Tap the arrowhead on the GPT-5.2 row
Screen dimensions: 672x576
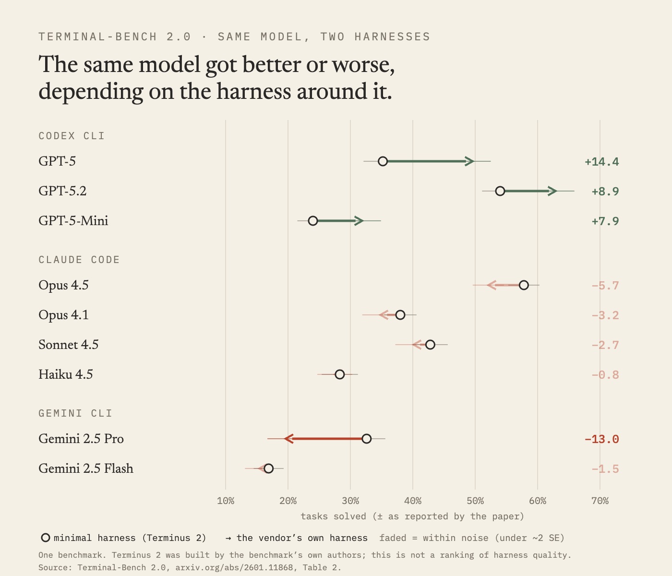pos(552,191)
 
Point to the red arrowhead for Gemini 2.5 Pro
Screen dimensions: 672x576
pos(288,439)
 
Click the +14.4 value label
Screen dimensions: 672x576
pos(601,162)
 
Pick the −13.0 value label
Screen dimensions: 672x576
pos(601,440)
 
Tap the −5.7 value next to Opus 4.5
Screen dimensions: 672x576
pos(605,286)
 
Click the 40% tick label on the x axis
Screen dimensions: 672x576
pos(413,501)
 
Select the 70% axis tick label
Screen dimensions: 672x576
pos(600,501)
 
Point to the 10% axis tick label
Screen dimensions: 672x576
pos(226,501)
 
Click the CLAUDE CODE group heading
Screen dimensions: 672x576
pos(79,260)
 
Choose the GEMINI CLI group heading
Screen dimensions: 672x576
pos(75,413)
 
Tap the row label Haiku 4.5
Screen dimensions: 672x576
pos(66,374)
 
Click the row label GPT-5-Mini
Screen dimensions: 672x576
pos(73,221)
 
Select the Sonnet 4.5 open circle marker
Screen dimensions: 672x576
pos(430,345)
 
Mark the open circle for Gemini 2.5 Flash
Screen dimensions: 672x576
pos(268,469)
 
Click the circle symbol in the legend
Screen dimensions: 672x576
pos(46,538)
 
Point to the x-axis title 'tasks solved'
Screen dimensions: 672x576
pos(333,516)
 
